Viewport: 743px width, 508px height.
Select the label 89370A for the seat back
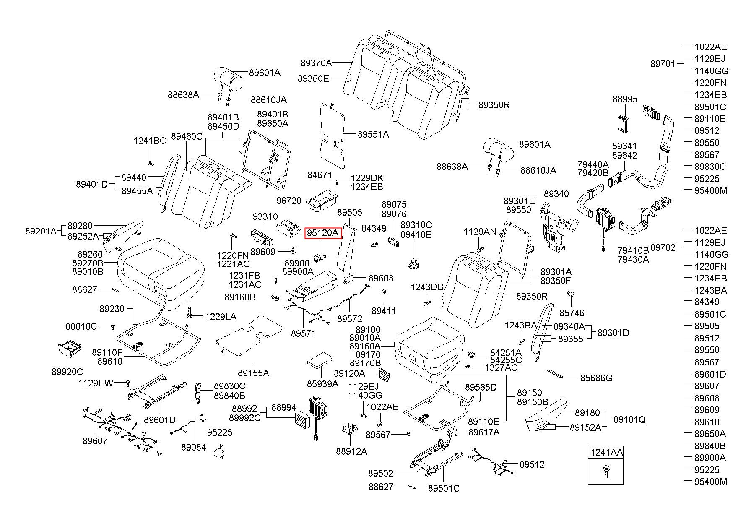click(316, 63)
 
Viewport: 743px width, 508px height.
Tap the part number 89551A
click(373, 134)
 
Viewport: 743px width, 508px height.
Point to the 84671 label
click(320, 175)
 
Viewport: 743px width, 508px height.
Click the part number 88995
click(625, 99)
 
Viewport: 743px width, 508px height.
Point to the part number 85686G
click(596, 378)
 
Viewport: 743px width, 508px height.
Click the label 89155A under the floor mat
click(253, 373)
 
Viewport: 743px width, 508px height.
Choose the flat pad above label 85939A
click(321, 360)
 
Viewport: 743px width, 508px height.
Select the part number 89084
click(194, 447)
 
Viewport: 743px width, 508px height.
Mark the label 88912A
click(351, 451)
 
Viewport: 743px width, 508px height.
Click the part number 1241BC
click(150, 141)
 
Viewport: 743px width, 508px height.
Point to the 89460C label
click(187, 136)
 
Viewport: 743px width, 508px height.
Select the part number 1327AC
click(501, 367)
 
